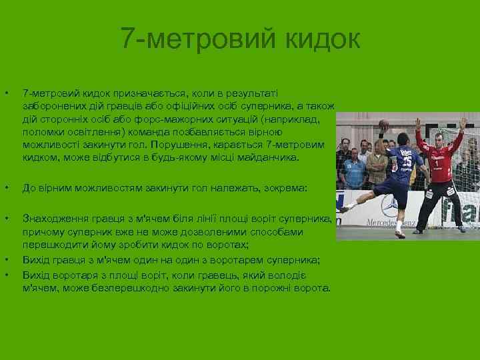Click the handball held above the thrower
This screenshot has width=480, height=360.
pos(383,124)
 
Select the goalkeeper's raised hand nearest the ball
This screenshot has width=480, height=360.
pos(418,125)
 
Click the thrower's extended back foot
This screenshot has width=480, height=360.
pos(345,208)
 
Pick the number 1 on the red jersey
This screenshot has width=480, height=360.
pos(436,161)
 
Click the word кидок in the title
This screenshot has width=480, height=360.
pos(323,39)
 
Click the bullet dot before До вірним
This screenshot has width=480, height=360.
pos(6,189)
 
